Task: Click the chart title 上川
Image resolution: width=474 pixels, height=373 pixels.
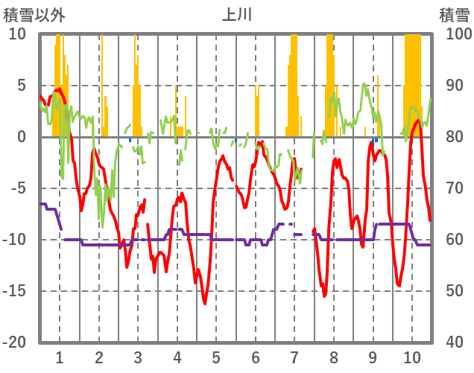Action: [x=236, y=14]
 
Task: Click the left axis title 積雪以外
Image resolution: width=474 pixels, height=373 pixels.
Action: [x=25, y=14]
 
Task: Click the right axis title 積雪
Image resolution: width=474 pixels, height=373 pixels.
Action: [x=454, y=14]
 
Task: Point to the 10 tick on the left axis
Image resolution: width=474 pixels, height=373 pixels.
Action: [x=17, y=34]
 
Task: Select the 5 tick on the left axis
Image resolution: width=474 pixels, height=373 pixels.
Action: [x=22, y=86]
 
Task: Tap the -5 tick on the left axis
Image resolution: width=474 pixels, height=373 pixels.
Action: [x=19, y=188]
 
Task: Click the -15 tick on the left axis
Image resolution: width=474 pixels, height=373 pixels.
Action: [x=15, y=291]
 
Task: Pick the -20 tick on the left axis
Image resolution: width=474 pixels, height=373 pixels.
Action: [x=15, y=342]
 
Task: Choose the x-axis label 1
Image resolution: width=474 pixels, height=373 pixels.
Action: [x=59, y=357]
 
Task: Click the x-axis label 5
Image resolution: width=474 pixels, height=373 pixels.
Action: [x=216, y=357]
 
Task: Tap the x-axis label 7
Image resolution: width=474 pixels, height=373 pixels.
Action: [x=294, y=357]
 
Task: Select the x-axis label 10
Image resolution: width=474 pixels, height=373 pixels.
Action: [x=411, y=357]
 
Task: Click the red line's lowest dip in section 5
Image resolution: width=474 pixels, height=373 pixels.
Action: [x=205, y=303]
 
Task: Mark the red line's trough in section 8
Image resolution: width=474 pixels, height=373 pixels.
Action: [x=324, y=296]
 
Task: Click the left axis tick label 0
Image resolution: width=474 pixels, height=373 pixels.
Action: [x=22, y=137]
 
